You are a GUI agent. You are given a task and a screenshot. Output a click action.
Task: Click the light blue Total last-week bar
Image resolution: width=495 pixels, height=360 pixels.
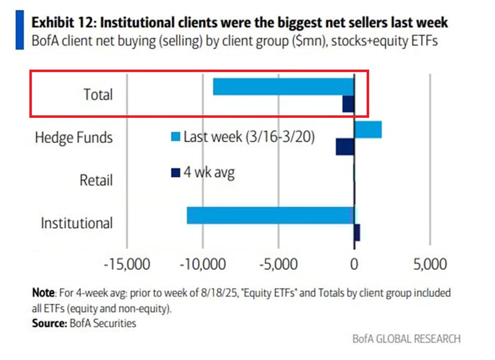(x=283, y=87)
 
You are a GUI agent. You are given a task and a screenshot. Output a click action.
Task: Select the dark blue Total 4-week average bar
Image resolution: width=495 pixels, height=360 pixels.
(x=348, y=104)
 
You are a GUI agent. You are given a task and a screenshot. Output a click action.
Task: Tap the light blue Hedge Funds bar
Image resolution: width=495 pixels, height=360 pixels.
(x=367, y=129)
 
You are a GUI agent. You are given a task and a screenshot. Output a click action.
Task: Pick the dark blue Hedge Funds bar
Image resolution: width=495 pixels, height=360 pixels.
(x=345, y=147)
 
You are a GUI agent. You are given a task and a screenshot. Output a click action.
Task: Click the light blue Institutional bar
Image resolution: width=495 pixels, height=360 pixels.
(x=270, y=215)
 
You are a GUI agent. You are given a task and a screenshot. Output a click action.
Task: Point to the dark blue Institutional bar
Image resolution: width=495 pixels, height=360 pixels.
(x=357, y=233)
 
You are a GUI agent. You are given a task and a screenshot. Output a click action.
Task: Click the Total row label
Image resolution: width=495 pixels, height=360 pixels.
(x=98, y=94)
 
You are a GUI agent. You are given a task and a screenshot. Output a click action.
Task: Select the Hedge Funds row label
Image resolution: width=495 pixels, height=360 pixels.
(x=74, y=137)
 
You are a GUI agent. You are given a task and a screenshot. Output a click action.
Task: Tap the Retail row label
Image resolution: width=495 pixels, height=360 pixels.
(x=96, y=180)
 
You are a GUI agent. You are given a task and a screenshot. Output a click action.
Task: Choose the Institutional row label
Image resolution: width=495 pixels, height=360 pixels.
(x=77, y=223)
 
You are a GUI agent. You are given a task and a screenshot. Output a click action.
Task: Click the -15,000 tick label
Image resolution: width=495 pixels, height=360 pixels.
(x=127, y=265)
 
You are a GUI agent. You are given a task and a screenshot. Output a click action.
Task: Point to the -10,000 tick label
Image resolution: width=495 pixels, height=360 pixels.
(x=203, y=265)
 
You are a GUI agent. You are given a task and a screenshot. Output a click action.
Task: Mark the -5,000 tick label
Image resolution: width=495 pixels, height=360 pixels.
(x=279, y=265)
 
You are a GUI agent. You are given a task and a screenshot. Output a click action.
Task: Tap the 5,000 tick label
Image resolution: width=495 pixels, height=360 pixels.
(x=429, y=265)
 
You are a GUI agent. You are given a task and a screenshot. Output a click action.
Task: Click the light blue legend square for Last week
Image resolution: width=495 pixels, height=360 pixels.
(x=175, y=137)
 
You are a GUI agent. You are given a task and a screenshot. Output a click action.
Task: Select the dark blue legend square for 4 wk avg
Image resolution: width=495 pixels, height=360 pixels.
(x=175, y=173)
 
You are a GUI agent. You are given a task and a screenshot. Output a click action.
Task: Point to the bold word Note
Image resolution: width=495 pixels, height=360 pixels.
(x=43, y=293)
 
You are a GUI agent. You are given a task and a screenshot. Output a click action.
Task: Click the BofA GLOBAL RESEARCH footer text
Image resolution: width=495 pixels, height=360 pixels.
(x=407, y=339)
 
